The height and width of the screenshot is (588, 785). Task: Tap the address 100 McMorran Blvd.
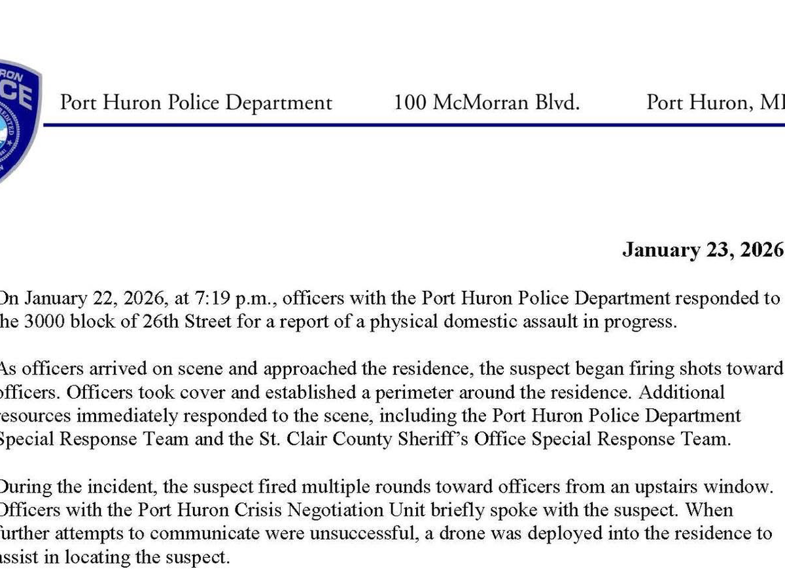487,103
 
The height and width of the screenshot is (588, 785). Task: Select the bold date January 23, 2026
702,250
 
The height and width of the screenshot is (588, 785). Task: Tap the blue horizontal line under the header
419,124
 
